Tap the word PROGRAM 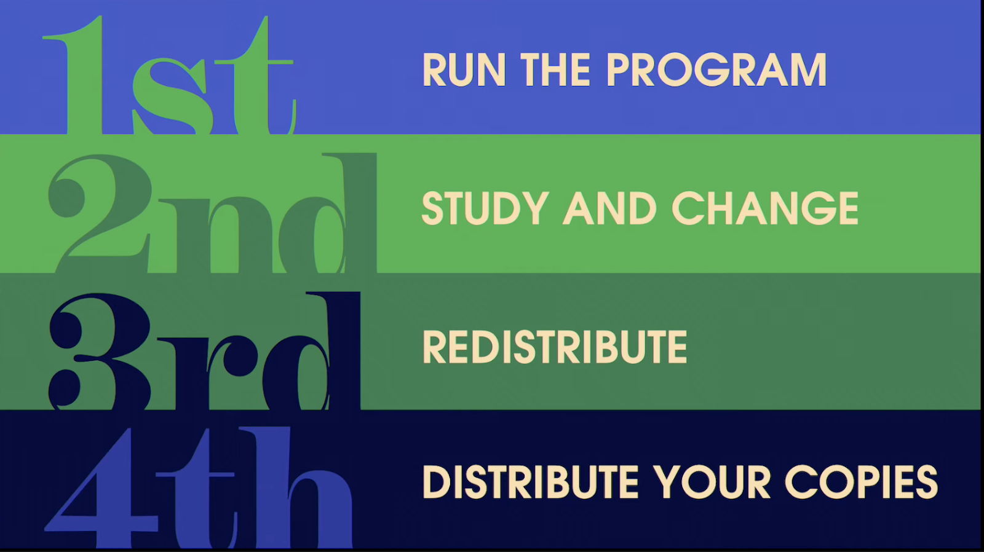tap(716, 70)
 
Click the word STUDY tap(485, 208)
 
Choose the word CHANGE tap(765, 208)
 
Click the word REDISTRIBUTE tap(554, 347)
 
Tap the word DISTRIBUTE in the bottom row tap(530, 482)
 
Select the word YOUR tap(711, 482)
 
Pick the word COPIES tap(861, 482)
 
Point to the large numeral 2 tap(100, 213)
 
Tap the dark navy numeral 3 tap(100, 352)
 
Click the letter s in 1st tap(169, 97)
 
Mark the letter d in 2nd tap(327, 213)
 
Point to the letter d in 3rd tap(311, 352)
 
